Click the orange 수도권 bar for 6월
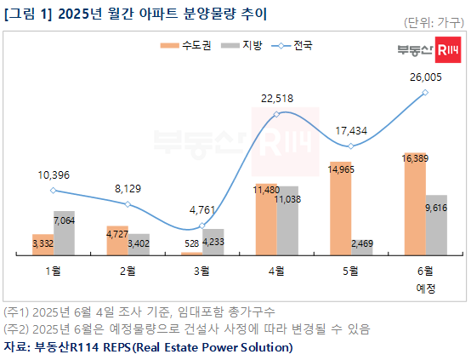click(414, 204)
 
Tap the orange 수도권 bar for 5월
click(340, 209)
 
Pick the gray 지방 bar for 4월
click(287, 220)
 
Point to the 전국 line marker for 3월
click(201, 226)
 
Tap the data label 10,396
click(54, 174)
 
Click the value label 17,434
click(351, 130)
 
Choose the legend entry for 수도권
click(191, 44)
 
